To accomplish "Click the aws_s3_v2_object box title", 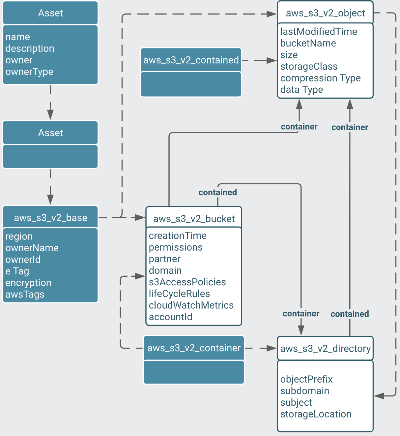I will pos(325,13).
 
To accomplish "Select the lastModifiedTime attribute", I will pos(319,32).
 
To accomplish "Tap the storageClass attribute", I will pos(309,67).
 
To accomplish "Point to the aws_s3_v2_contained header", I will pos(191,60).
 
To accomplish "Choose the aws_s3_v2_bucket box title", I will pos(194,219).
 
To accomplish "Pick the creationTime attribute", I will pos(178,236).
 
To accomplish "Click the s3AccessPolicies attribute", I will pos(187,282).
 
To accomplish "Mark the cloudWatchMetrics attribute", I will pos(191,305).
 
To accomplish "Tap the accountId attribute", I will pos(170,317).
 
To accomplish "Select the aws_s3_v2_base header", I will pos(50,218).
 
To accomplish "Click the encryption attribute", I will pos(28,283).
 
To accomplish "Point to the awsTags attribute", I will pos(25,295).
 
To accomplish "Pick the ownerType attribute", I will pos(29,72).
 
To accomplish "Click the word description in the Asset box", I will pos(30,48).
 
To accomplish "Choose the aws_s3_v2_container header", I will pos(194,348).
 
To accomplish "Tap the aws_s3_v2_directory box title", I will pos(325,349).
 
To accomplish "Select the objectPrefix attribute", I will pos(306,379).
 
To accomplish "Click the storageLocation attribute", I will pos(316,414).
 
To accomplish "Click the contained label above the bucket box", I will pos(217,192).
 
